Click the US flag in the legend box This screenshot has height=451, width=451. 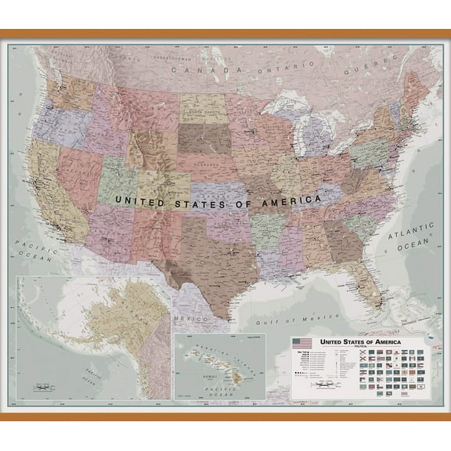point(300,343)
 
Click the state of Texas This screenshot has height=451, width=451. point(210,260)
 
